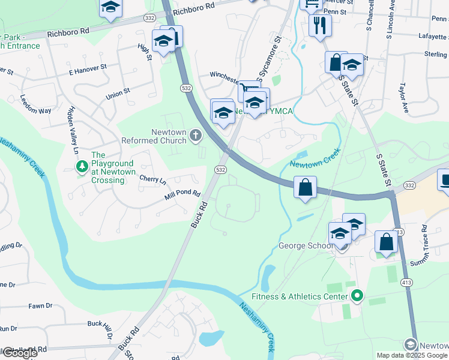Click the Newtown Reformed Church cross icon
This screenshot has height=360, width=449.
click(195, 136)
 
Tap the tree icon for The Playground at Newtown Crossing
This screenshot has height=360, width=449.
click(81, 166)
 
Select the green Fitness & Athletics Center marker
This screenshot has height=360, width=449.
click(357, 296)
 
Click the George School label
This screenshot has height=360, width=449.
click(305, 246)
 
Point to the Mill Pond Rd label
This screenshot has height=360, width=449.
click(182, 194)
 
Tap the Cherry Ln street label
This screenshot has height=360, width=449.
click(152, 179)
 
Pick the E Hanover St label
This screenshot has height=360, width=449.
click(88, 71)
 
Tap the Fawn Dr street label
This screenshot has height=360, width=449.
click(41, 306)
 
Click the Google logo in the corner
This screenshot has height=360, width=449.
click(19, 353)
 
